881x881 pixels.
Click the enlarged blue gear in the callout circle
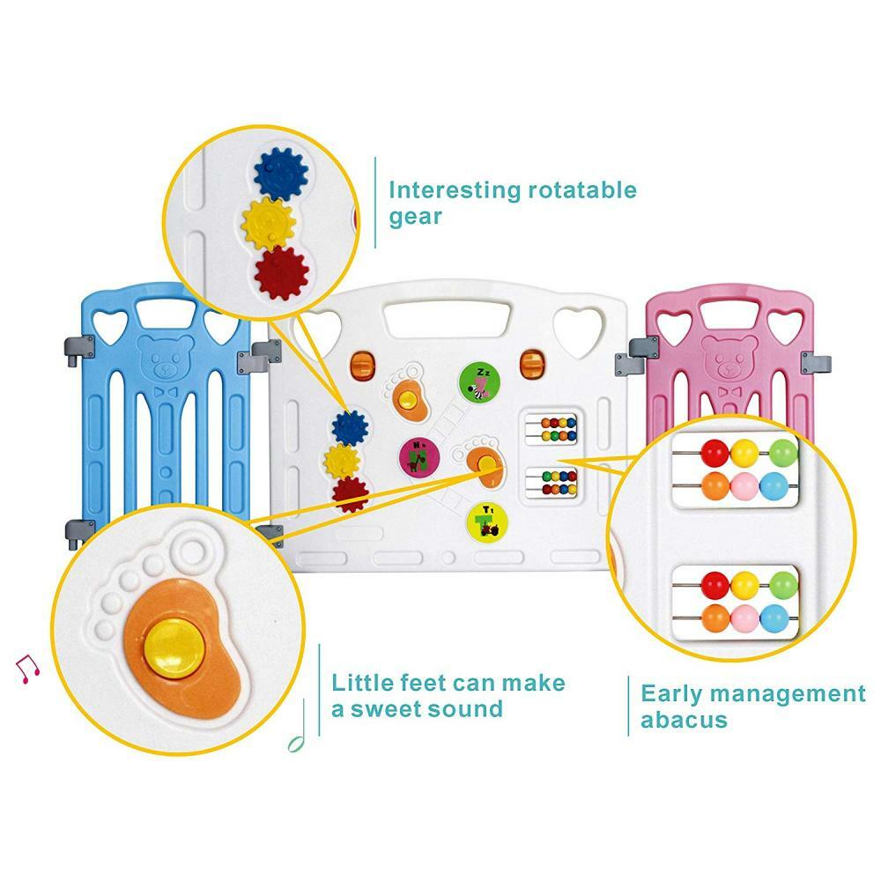coord(279,171)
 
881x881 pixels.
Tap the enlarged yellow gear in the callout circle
coord(270,222)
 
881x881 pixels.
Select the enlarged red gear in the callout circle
coord(281,273)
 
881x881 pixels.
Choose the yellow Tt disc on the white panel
coord(482,520)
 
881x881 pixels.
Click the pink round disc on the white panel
coord(418,456)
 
